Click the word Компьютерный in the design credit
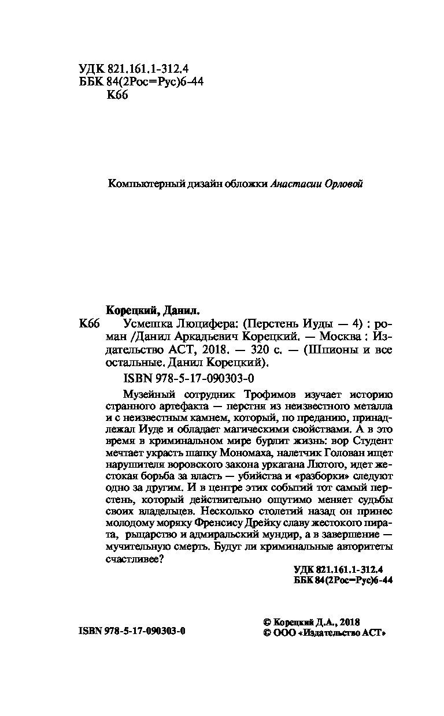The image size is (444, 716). (x=142, y=184)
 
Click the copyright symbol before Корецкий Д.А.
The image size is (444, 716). (x=267, y=622)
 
